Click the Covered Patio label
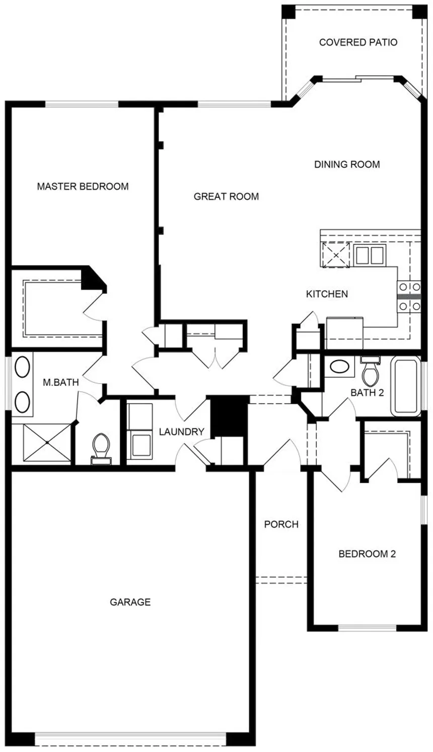[358, 42]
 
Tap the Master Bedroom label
[83, 186]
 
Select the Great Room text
[226, 196]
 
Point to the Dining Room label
[347, 165]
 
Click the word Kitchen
[327, 294]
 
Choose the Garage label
[130, 602]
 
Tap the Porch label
[281, 524]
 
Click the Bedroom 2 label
[367, 554]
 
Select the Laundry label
[181, 432]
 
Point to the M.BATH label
[61, 382]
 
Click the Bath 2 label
[367, 392]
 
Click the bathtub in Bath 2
[405, 387]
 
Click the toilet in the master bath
[101, 449]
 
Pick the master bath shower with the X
[47, 443]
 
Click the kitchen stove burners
[409, 297]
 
